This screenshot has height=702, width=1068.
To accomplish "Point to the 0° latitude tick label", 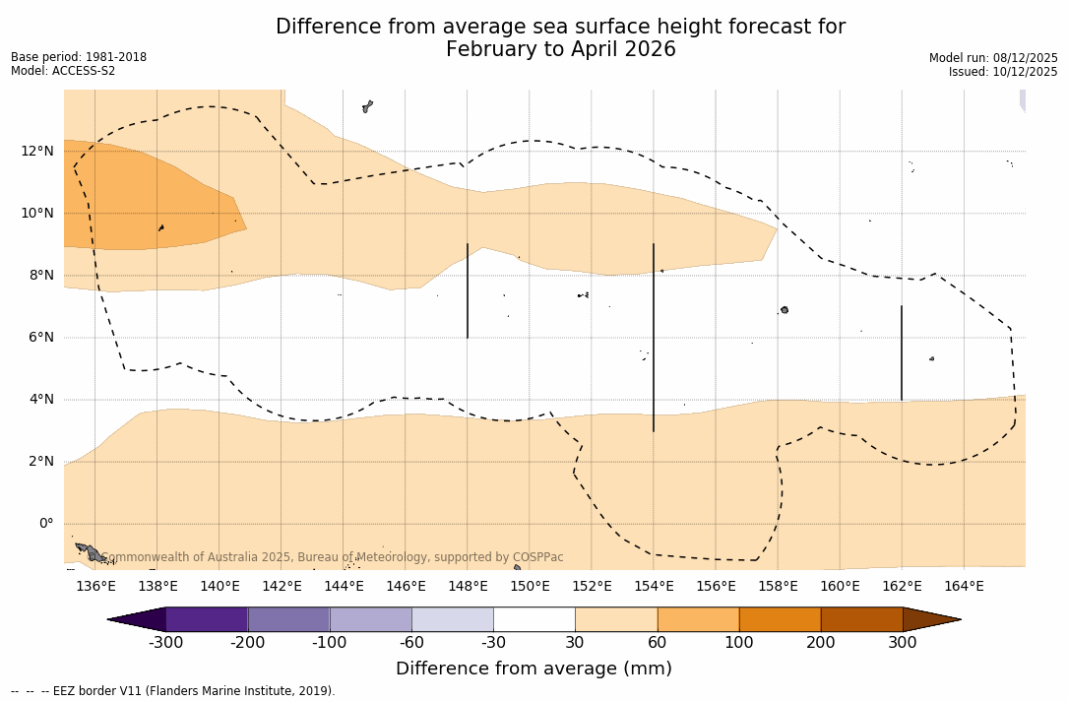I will tap(45, 524).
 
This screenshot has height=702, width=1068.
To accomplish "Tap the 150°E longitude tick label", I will tap(530, 587).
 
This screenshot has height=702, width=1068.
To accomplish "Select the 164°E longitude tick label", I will tap(964, 587).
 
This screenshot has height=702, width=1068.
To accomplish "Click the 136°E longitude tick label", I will tap(95, 587).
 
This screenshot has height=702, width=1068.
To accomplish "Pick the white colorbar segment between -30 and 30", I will tap(534, 619).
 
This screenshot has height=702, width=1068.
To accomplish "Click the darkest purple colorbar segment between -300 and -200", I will tap(207, 619).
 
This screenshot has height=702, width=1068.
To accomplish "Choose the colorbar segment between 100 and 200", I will tap(780, 619).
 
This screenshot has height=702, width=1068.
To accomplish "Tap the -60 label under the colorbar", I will tap(411, 643).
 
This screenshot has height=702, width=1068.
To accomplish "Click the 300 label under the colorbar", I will tap(903, 643).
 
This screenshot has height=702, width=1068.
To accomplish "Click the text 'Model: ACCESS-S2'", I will tap(63, 71).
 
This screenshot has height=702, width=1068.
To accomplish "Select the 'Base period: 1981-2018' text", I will tap(79, 57).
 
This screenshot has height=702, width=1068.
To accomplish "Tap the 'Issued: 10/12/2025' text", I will tap(1003, 72).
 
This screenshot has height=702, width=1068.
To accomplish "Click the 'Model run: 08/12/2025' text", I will tap(993, 58).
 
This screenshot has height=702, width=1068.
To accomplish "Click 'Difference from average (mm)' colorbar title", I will tap(534, 669).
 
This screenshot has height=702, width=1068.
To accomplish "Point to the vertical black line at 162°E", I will tap(902, 352).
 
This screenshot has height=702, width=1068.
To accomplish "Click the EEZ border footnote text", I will tap(173, 691).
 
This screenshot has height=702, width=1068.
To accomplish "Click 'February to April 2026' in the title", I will tap(560, 49).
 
